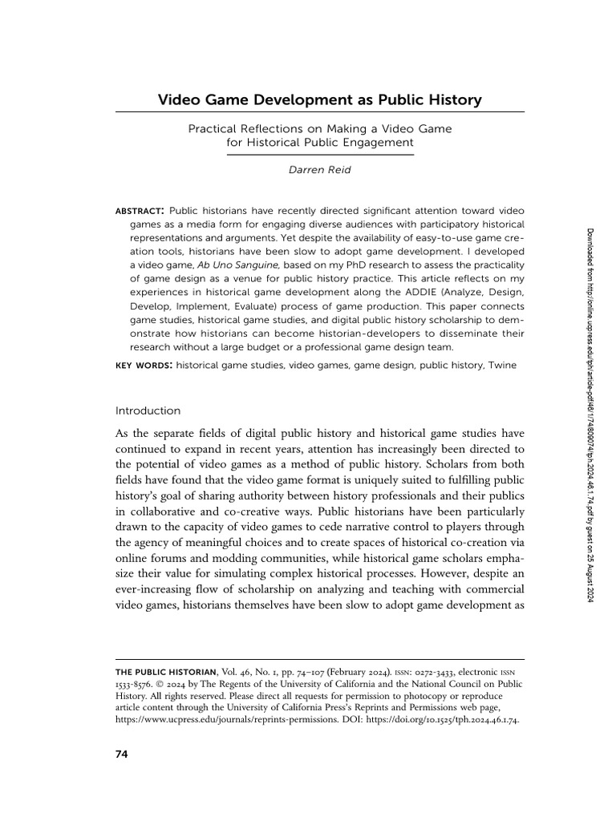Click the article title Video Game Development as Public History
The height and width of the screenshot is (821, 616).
319,100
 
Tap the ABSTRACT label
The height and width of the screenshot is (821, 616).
139,210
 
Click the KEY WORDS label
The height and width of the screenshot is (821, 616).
144,364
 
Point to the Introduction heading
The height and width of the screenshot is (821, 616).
148,410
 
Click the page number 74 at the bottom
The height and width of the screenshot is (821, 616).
122,754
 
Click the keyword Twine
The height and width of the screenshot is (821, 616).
502,364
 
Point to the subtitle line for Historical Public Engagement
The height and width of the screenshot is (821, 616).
319,143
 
